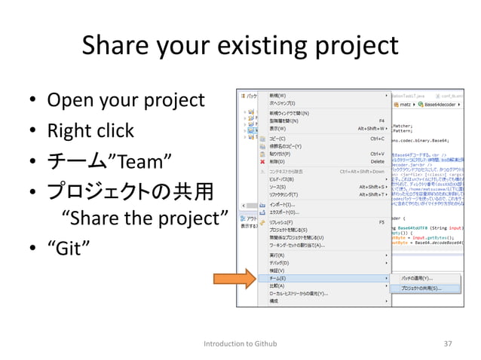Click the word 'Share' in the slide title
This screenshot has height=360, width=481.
click(x=114, y=46)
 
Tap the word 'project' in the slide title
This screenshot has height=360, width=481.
click(x=354, y=47)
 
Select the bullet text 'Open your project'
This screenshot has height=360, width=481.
click(x=126, y=100)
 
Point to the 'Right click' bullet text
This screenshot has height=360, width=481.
click(x=90, y=131)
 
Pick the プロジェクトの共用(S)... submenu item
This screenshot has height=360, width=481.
click(x=420, y=288)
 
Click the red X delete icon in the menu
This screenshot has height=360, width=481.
click(x=262, y=161)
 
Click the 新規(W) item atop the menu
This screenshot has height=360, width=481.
click(x=277, y=96)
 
